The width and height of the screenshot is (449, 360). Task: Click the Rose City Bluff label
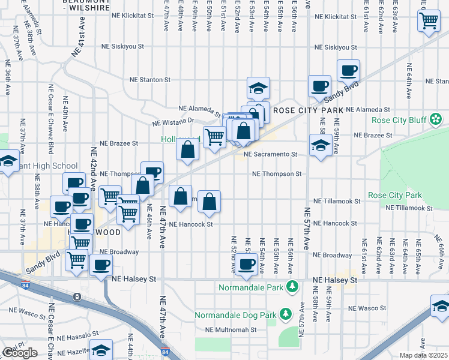[399, 120]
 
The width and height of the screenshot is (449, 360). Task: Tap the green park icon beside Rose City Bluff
[436, 121]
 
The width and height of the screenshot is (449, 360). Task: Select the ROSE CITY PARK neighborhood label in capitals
[308, 110]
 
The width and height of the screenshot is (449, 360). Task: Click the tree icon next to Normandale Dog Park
[286, 314]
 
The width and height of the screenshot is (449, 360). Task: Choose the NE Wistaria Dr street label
[174, 121]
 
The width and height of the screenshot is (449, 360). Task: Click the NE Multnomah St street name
[231, 329]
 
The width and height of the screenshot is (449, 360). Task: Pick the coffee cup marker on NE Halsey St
[246, 263]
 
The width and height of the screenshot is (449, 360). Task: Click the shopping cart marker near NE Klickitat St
[429, 20]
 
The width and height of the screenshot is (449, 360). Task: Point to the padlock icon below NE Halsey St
[77, 297]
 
